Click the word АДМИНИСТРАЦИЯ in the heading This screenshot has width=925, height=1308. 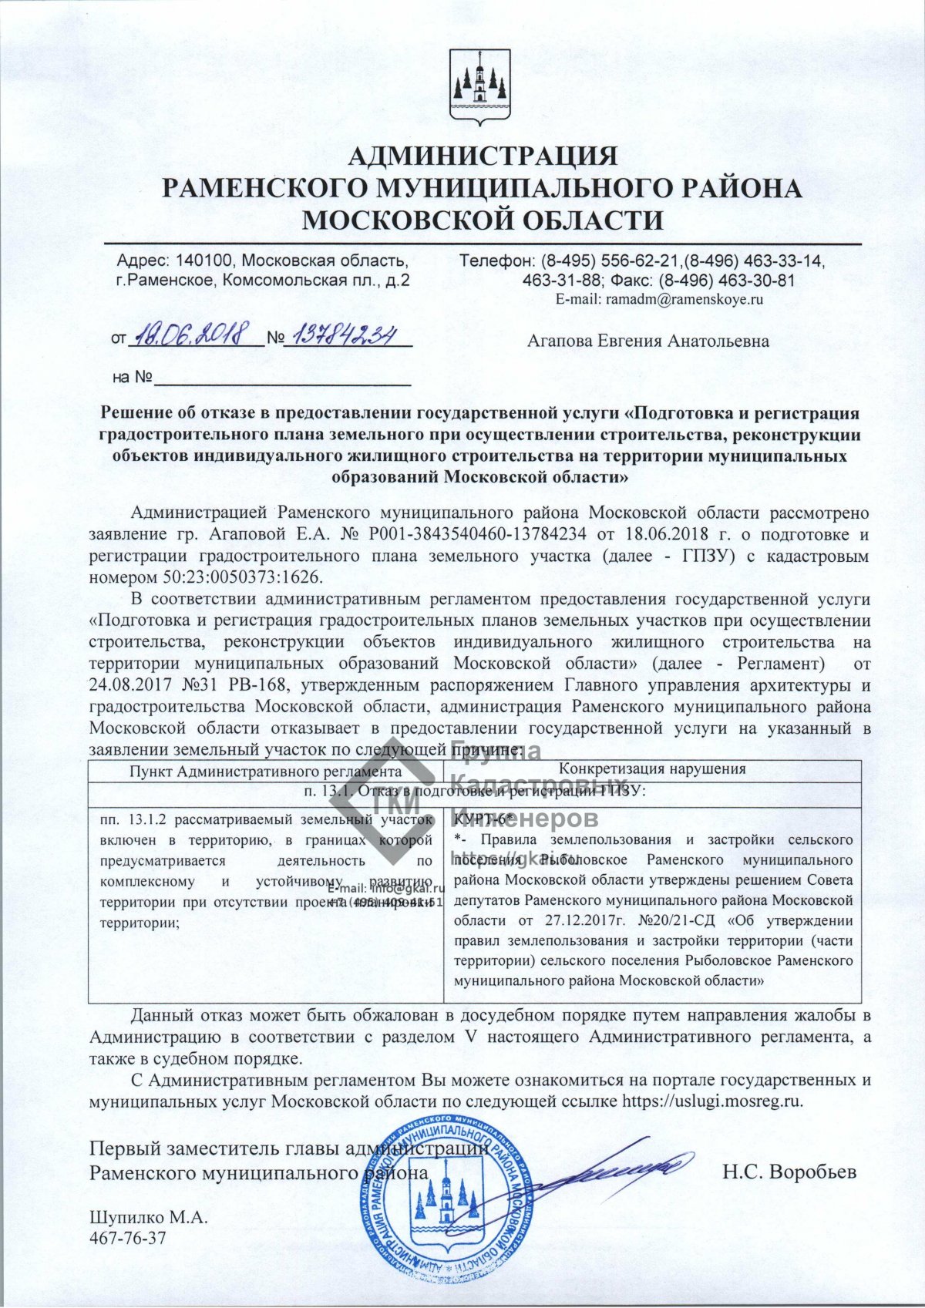click(483, 156)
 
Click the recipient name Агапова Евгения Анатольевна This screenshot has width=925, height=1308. click(647, 341)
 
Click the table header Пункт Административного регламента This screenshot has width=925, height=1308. click(265, 771)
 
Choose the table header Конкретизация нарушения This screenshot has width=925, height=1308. click(652, 768)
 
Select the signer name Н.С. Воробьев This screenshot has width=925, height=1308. click(789, 1172)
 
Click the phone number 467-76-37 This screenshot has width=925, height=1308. click(127, 1239)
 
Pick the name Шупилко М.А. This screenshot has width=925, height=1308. click(149, 1218)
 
